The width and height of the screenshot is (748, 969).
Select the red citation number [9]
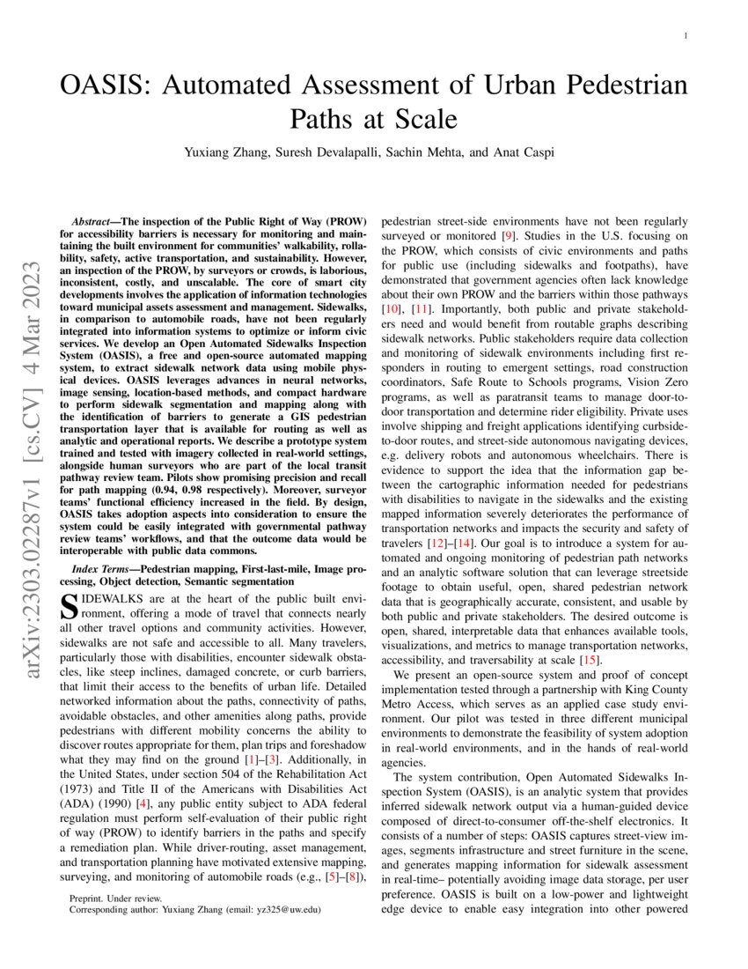tap(507, 235)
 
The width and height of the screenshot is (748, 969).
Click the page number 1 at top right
tap(685, 36)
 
